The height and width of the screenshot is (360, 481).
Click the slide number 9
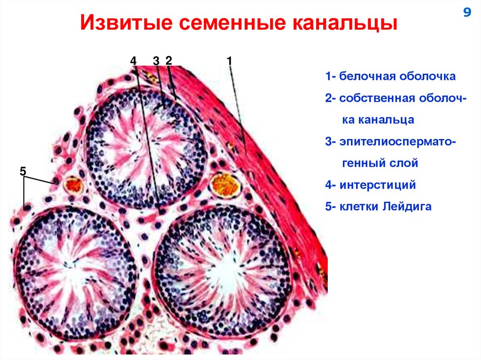pos(467,13)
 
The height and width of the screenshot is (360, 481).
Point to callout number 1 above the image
pos(229,61)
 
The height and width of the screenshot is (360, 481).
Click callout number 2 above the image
pos(169,61)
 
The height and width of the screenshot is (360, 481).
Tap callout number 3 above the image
pos(156,61)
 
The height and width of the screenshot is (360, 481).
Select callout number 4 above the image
pos(133,61)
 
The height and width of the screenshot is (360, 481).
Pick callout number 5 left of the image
pos(23,171)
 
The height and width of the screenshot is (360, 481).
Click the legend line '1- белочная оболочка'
pos(390,77)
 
